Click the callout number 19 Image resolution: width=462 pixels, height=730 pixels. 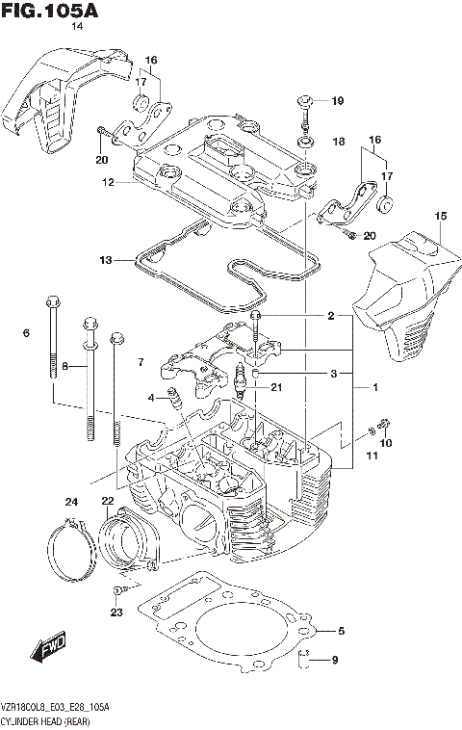[337, 101]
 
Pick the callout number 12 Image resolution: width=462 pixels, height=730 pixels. [110, 182]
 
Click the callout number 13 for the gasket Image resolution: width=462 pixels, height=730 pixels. [106, 260]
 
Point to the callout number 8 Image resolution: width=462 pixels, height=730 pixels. [65, 366]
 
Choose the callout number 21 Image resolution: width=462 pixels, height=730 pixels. [276, 388]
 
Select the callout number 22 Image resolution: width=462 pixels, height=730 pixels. [107, 500]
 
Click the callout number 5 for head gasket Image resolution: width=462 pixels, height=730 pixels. [340, 632]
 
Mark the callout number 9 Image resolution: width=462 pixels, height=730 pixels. [335, 660]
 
